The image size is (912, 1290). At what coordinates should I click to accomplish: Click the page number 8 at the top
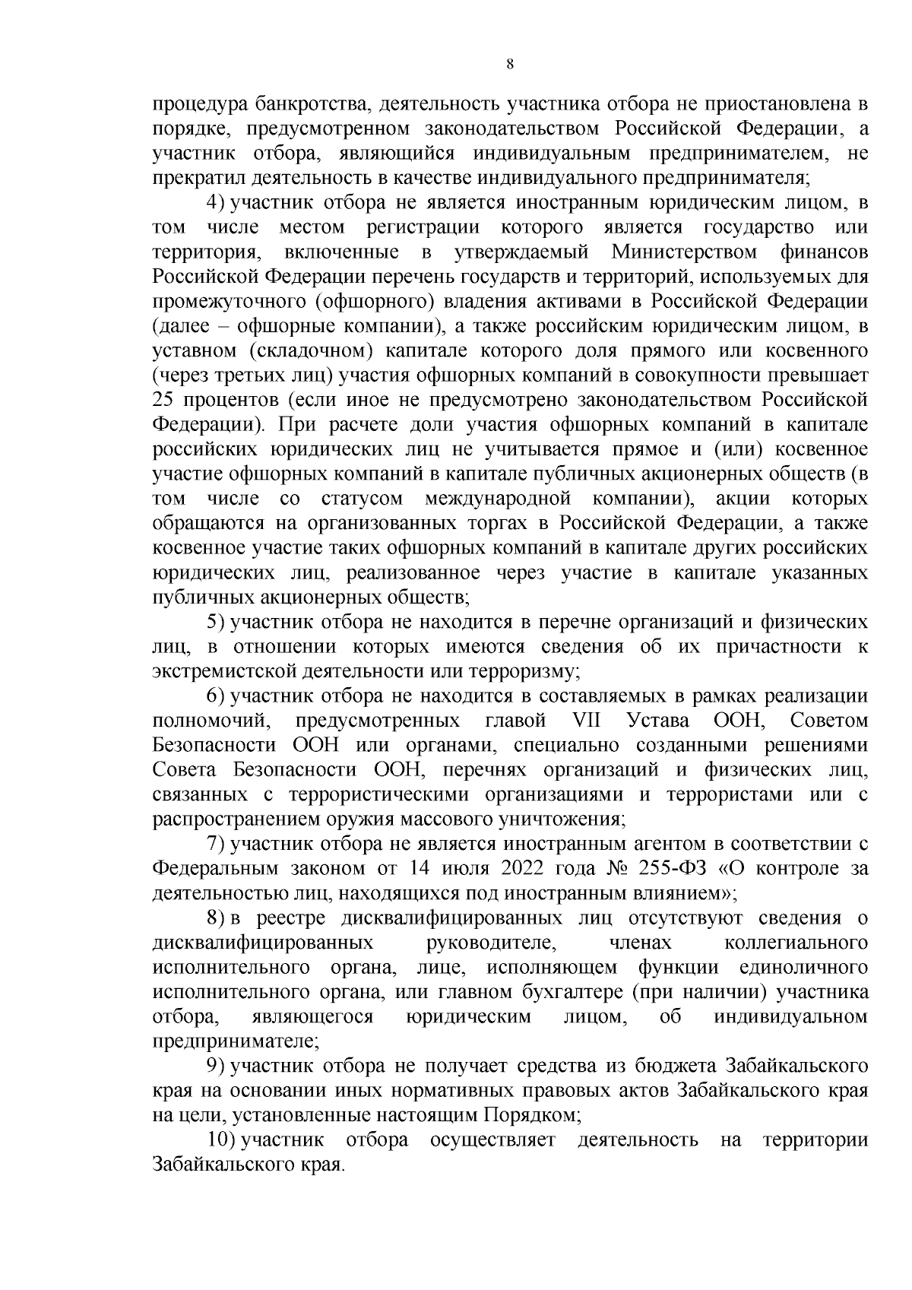[x=510, y=65]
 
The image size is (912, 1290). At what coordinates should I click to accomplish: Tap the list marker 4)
[x=217, y=203]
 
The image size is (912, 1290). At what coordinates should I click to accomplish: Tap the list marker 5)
[x=217, y=622]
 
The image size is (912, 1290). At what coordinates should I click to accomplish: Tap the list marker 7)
[x=217, y=844]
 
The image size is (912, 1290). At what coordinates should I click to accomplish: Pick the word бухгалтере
[x=559, y=992]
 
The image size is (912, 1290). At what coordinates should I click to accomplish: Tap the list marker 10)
[x=221, y=1139]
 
